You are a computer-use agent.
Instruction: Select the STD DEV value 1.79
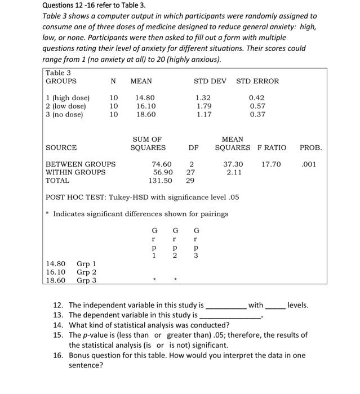tap(203, 105)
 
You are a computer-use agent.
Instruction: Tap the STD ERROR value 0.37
tap(257, 114)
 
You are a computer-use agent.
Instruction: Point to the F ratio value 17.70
tap(271, 164)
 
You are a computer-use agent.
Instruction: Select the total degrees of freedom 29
tap(190, 181)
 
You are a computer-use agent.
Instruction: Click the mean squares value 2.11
tap(234, 172)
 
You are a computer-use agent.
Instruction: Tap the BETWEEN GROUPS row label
tap(80, 164)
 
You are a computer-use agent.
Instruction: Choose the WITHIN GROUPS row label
tap(75, 172)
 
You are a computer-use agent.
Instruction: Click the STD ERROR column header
tap(257, 81)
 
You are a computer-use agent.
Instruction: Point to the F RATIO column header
tap(272, 147)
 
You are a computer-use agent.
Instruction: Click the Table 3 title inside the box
tap(59, 73)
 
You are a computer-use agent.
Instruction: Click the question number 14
tap(59, 325)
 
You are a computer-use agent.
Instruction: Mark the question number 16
tap(59, 355)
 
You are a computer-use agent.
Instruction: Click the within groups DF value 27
tap(190, 172)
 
